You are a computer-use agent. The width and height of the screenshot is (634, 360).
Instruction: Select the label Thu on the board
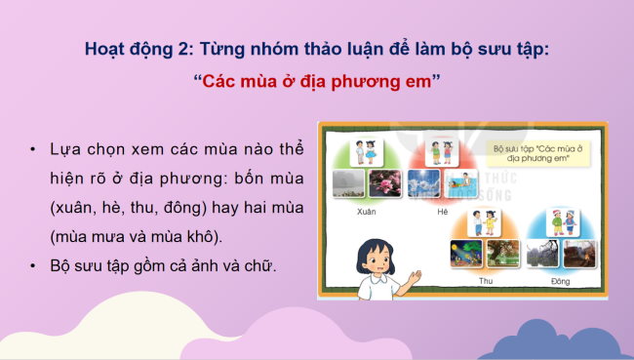coord(485,280)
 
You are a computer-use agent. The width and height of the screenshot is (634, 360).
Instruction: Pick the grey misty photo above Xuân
coord(348,184)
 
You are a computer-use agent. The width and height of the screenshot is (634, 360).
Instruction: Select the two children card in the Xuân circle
coord(367,152)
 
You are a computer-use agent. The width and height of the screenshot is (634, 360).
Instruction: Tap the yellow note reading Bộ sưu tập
coord(532,154)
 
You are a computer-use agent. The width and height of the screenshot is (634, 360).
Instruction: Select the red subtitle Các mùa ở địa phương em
coord(316,81)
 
